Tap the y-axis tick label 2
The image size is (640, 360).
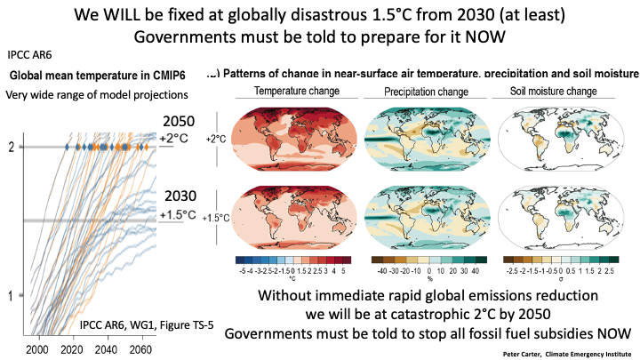(10, 147)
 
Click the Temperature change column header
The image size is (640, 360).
(291, 92)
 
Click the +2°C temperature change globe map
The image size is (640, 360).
(291, 139)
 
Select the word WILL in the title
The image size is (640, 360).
(134, 16)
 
